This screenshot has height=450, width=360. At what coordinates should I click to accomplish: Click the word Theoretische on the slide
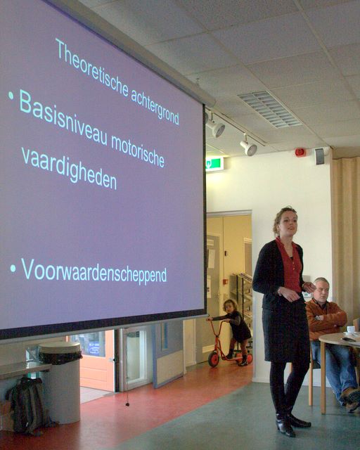coord(92,68)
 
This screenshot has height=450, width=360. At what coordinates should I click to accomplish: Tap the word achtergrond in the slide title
coord(155,107)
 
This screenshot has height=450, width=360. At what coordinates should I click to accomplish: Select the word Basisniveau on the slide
coord(63,118)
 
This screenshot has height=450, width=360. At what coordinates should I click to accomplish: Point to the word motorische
coord(138,151)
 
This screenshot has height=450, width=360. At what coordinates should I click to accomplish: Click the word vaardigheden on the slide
coord(69,169)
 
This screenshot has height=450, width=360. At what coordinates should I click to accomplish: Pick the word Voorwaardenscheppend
coord(94,271)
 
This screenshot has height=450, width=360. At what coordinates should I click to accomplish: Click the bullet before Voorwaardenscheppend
coord(13,269)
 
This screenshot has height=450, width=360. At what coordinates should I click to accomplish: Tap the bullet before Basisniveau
coord(11,96)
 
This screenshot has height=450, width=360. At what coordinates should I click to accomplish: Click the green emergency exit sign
coord(214,164)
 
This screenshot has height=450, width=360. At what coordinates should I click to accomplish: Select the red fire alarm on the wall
coord(300,153)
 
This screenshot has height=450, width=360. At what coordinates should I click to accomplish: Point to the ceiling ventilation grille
coord(269,109)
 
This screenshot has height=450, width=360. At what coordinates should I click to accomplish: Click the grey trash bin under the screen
coord(60,382)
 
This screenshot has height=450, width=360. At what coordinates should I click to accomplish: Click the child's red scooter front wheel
coord(214,359)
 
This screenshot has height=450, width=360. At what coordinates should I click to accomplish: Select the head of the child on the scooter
coord(230,307)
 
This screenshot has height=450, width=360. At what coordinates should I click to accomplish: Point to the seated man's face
coord(323,290)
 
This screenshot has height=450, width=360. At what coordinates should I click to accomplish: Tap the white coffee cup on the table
coord(351,329)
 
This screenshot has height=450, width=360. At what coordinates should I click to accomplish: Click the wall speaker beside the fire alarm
coord(320,156)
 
